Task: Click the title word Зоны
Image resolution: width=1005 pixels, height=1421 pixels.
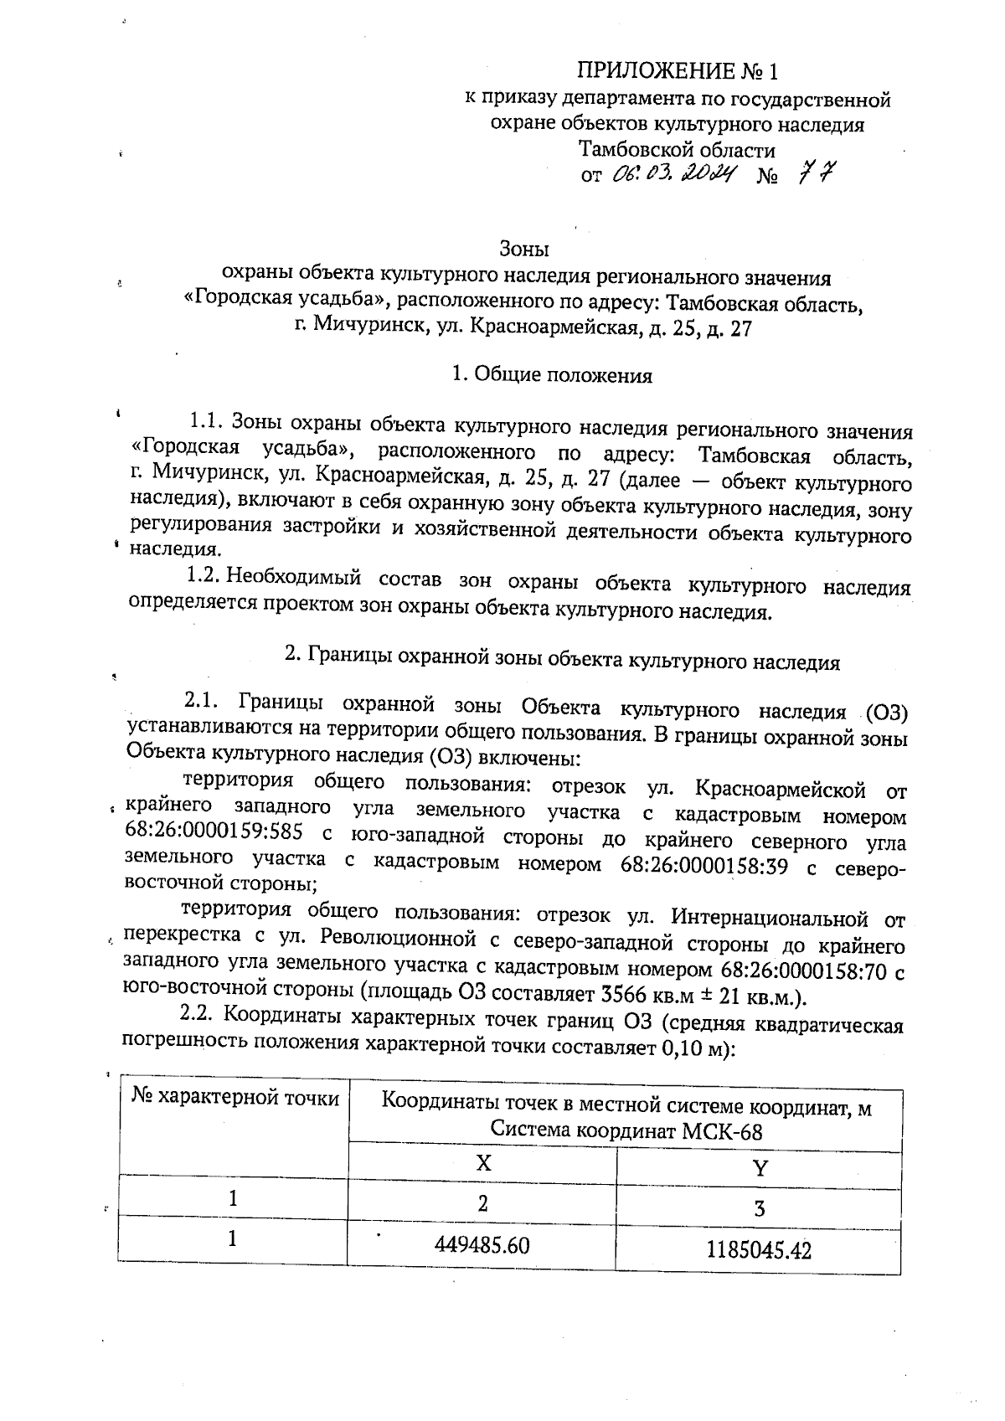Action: (x=523, y=249)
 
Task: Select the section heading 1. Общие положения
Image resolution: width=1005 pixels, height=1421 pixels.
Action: (x=551, y=374)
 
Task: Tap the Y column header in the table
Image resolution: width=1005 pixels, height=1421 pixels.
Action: (x=760, y=1168)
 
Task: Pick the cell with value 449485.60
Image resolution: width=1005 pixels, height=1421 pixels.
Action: (x=482, y=1244)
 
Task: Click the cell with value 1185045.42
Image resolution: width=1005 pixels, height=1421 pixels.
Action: (x=759, y=1250)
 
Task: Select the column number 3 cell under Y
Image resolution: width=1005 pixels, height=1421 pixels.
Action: (x=760, y=1207)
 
